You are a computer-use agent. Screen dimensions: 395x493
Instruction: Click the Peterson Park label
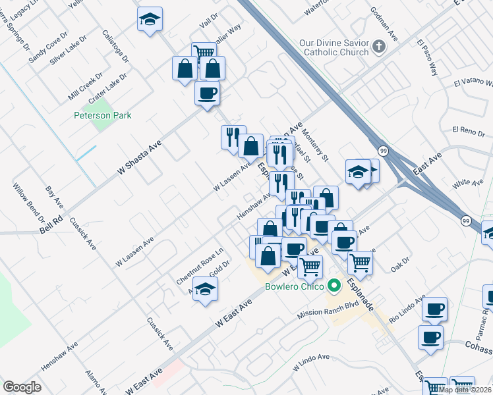(102, 116)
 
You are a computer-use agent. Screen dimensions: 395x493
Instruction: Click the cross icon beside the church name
(378, 47)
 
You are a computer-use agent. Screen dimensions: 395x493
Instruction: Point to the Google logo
(22, 387)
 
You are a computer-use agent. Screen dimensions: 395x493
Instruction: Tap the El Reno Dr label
(469, 132)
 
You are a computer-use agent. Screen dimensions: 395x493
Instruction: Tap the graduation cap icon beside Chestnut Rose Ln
(206, 289)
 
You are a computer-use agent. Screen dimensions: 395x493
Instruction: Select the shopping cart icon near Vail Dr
(204, 52)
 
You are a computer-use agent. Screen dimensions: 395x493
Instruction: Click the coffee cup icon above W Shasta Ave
(207, 93)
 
